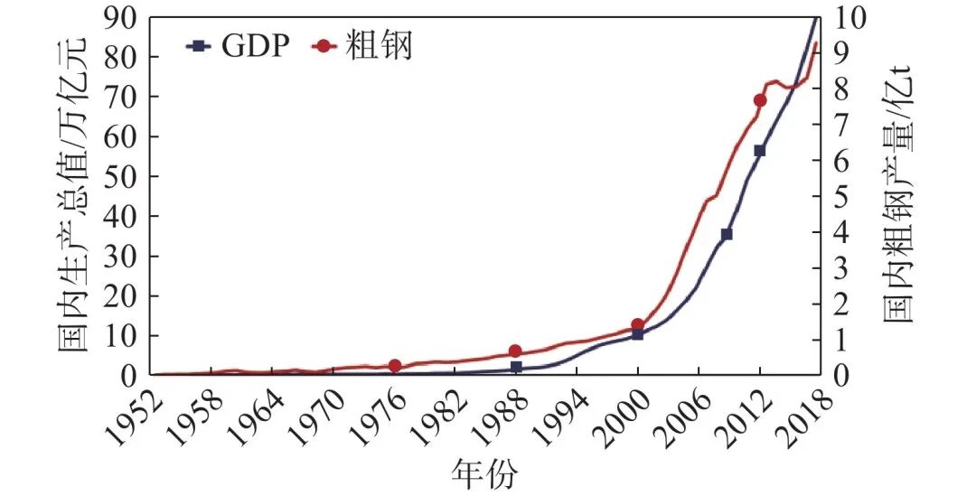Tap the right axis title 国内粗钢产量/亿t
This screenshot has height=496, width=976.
tap(898, 194)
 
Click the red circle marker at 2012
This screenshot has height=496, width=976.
tap(759, 100)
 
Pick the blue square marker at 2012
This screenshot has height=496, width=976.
tap(759, 151)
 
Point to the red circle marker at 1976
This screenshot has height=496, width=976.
tap(395, 365)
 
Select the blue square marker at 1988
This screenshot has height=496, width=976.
tap(516, 367)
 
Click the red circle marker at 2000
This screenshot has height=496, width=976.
tap(637, 324)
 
